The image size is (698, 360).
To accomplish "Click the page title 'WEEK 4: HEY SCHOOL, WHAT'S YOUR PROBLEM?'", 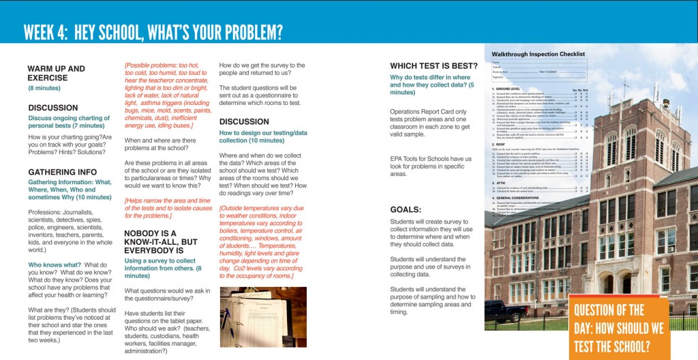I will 153,32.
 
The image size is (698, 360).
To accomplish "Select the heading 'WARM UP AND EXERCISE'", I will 56,73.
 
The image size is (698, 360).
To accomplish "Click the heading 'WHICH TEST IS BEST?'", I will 433,66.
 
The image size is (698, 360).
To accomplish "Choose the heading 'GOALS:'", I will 406,209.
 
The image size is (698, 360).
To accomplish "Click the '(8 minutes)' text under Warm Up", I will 44,89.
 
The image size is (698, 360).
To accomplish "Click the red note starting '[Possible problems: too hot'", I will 166,95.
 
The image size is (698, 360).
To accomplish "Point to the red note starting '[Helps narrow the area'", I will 166,207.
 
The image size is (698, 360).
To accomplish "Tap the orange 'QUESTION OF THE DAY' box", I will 618,328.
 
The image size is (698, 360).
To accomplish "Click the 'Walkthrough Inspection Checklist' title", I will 538,54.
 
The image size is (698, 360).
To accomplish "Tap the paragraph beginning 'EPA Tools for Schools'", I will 431,166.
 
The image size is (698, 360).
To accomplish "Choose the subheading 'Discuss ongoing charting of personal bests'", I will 66,122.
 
